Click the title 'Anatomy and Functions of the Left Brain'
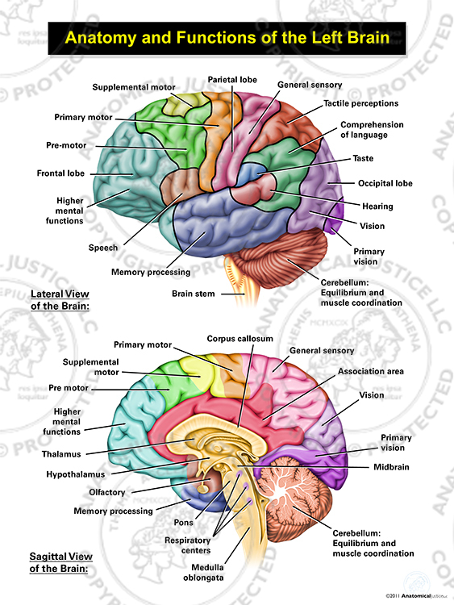(227, 38)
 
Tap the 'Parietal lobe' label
(232, 80)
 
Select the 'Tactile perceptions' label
(360, 103)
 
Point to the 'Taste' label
(363, 158)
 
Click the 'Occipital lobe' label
(385, 183)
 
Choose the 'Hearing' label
(377, 207)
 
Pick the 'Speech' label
(103, 248)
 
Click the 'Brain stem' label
(194, 294)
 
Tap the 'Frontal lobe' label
(60, 173)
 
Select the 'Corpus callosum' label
(240, 339)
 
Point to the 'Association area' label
(371, 371)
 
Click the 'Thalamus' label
(62, 454)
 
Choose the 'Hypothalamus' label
(76, 474)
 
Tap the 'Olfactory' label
(107, 492)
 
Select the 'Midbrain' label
(391, 467)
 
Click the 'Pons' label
(184, 523)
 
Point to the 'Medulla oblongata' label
(204, 573)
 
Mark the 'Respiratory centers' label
(188, 545)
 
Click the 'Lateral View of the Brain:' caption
(60, 300)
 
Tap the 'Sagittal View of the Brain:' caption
(61, 562)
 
